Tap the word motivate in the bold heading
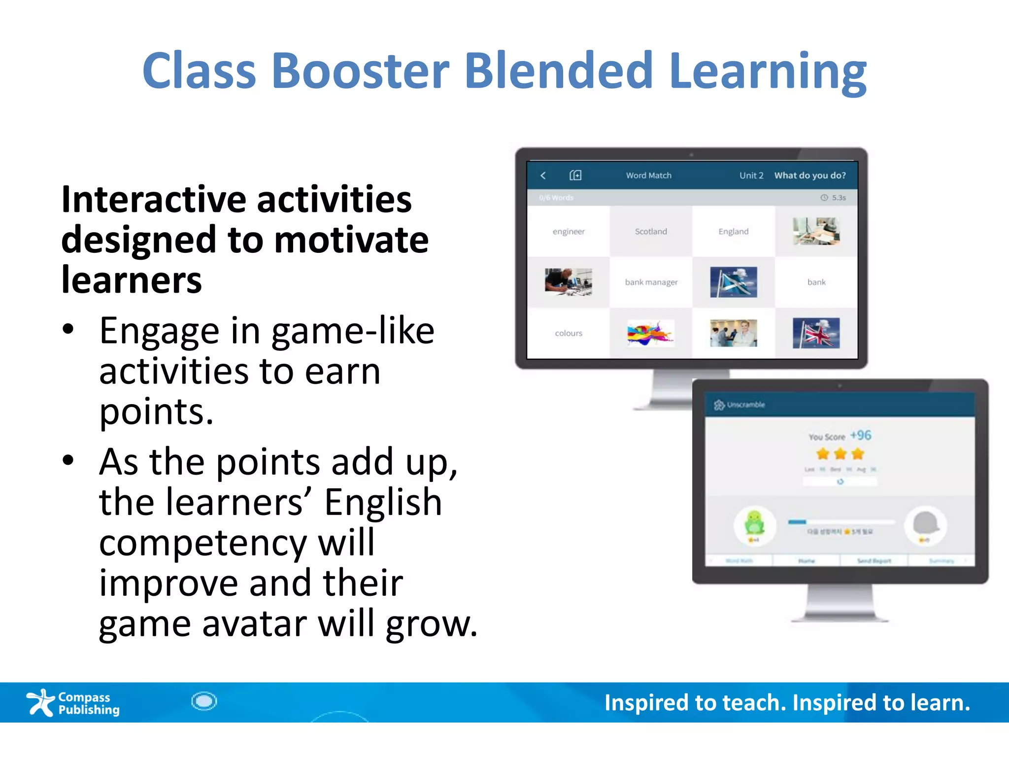tap(351, 240)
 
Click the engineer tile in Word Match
tap(569, 232)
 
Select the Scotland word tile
tap(651, 232)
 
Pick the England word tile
tap(733, 232)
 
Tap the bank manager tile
tap(651, 282)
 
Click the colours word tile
tap(569, 333)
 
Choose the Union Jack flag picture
tap(816, 333)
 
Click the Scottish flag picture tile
tap(733, 282)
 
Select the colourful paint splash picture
tap(650, 333)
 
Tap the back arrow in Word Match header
tap(543, 175)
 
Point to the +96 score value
tap(860, 435)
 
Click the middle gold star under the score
tap(840, 453)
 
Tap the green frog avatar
tap(754, 523)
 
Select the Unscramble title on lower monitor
tap(745, 405)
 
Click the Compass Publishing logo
tap(73, 703)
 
